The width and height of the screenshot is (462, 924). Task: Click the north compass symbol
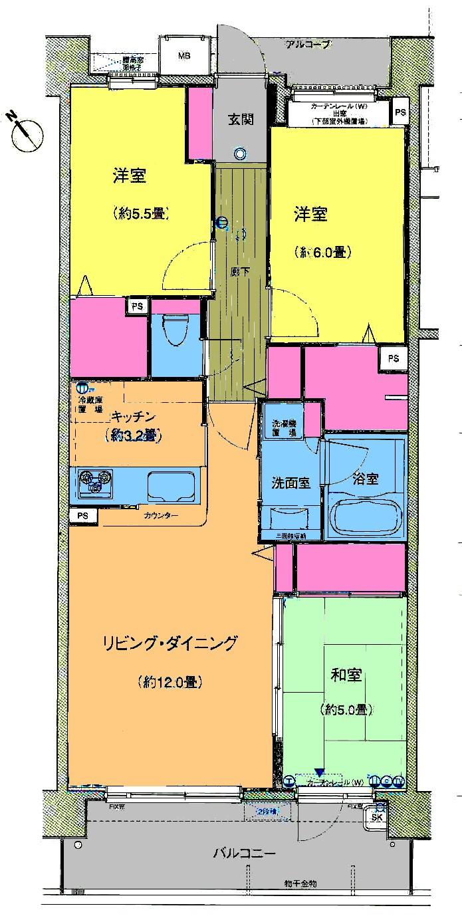point(27,131)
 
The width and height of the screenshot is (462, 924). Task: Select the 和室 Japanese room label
point(346,676)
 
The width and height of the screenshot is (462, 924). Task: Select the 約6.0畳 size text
point(322,252)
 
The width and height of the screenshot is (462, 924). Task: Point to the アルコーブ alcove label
point(307,45)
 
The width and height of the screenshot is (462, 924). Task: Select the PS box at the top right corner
point(400,112)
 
